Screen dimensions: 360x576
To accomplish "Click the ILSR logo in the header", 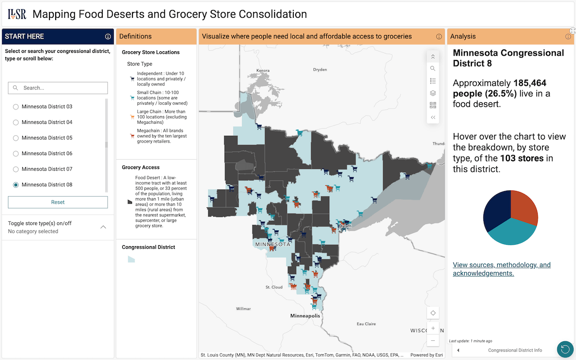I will (x=17, y=14).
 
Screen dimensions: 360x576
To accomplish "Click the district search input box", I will (x=58, y=88).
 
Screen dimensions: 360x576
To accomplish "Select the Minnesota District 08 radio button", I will (x=16, y=185).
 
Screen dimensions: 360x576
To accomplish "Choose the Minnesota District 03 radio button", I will (x=16, y=107).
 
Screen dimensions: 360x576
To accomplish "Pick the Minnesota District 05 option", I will (x=16, y=138).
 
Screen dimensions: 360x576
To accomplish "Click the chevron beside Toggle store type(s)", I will (x=103, y=227).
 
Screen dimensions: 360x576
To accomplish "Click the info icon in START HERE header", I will (x=108, y=36).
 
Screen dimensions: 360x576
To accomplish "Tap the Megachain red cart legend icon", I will (x=132, y=136).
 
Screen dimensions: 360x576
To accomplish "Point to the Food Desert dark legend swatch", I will (x=130, y=202).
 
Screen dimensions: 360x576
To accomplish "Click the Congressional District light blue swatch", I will (x=131, y=259).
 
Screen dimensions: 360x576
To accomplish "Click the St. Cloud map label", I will (x=274, y=287).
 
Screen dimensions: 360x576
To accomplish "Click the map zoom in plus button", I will (x=433, y=328).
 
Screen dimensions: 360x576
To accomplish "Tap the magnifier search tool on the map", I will (x=433, y=69).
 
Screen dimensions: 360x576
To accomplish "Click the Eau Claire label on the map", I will (x=366, y=324).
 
